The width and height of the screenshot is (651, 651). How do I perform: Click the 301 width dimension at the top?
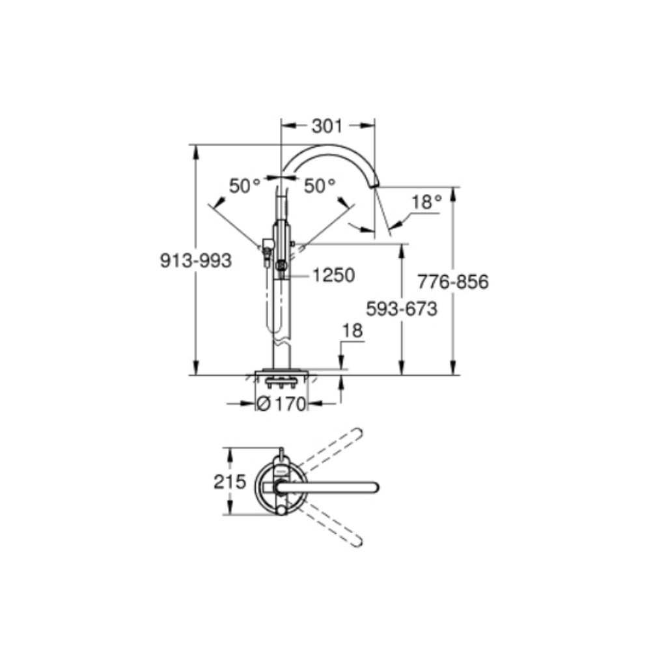coord(327,126)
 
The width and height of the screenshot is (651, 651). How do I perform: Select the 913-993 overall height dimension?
coord(196,261)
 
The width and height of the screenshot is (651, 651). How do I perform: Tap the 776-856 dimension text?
coord(453,282)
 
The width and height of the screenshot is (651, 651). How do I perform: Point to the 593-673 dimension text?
coord(402,309)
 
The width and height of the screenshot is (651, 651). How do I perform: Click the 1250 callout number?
coord(333,275)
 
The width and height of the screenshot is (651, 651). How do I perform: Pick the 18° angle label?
coord(427,202)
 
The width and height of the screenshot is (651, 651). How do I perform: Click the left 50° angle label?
coord(245,186)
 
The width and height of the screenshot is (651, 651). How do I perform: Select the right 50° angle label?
coord(320,186)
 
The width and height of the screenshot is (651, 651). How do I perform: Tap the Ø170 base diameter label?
coord(281,404)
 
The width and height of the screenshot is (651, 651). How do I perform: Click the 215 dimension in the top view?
coord(230,482)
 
